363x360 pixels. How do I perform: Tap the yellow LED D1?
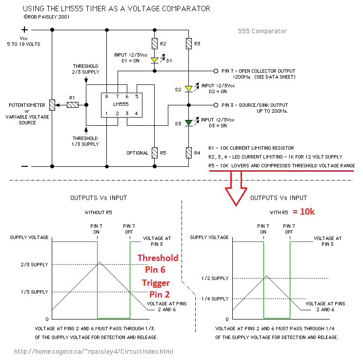[155, 60]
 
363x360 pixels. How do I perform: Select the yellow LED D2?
[189, 89]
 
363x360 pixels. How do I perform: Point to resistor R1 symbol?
[73, 104]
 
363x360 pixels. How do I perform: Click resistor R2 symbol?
[155, 44]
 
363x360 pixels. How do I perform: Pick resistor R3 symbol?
[189, 44]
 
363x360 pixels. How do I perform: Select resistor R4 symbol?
[189, 153]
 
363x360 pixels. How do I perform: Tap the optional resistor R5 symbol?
[155, 153]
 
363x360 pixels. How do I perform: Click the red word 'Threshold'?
[158, 258]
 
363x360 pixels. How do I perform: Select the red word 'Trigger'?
[156, 282]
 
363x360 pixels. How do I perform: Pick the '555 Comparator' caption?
[262, 31]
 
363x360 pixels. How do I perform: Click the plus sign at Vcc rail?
[24, 30]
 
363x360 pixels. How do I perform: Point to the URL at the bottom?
[94, 351]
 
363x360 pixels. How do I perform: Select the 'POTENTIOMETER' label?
[27, 105]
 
